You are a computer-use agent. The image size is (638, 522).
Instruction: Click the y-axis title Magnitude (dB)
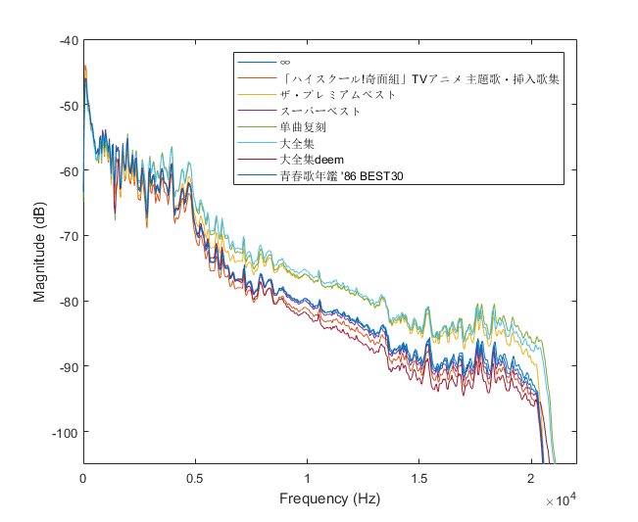point(40,252)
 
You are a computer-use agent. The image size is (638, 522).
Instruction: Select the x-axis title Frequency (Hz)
point(329,498)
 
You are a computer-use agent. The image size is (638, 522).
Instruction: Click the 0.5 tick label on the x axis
point(195,477)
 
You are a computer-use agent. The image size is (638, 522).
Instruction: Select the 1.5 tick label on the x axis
point(418,477)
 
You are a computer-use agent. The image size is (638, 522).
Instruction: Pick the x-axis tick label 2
point(530,477)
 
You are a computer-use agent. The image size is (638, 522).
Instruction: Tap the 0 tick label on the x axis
point(83,477)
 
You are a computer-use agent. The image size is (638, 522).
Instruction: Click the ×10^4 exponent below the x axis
point(561,499)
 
